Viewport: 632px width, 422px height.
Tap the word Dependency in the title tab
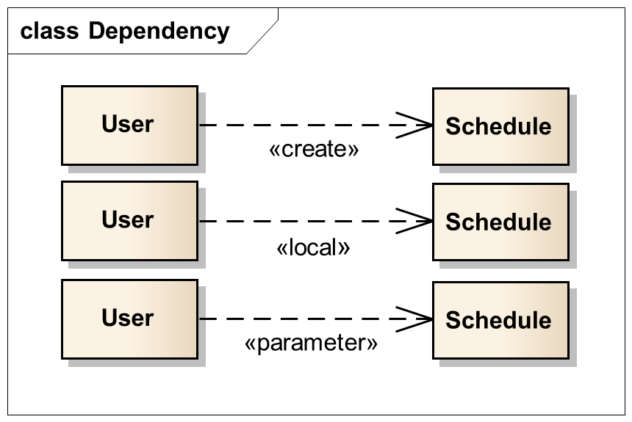pos(159,32)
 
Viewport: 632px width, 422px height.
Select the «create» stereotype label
pos(314,150)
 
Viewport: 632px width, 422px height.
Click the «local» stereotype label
pos(313,247)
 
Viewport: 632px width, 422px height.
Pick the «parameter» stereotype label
pos(311,343)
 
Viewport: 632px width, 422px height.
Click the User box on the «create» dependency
pos(129,125)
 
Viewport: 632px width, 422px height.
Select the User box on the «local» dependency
pos(129,220)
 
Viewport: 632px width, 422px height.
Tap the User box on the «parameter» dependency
pos(129,319)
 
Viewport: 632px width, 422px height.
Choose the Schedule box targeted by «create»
pos(500,126)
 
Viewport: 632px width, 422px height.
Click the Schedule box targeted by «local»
pos(500,222)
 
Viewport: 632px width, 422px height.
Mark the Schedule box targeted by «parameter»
pos(500,321)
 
